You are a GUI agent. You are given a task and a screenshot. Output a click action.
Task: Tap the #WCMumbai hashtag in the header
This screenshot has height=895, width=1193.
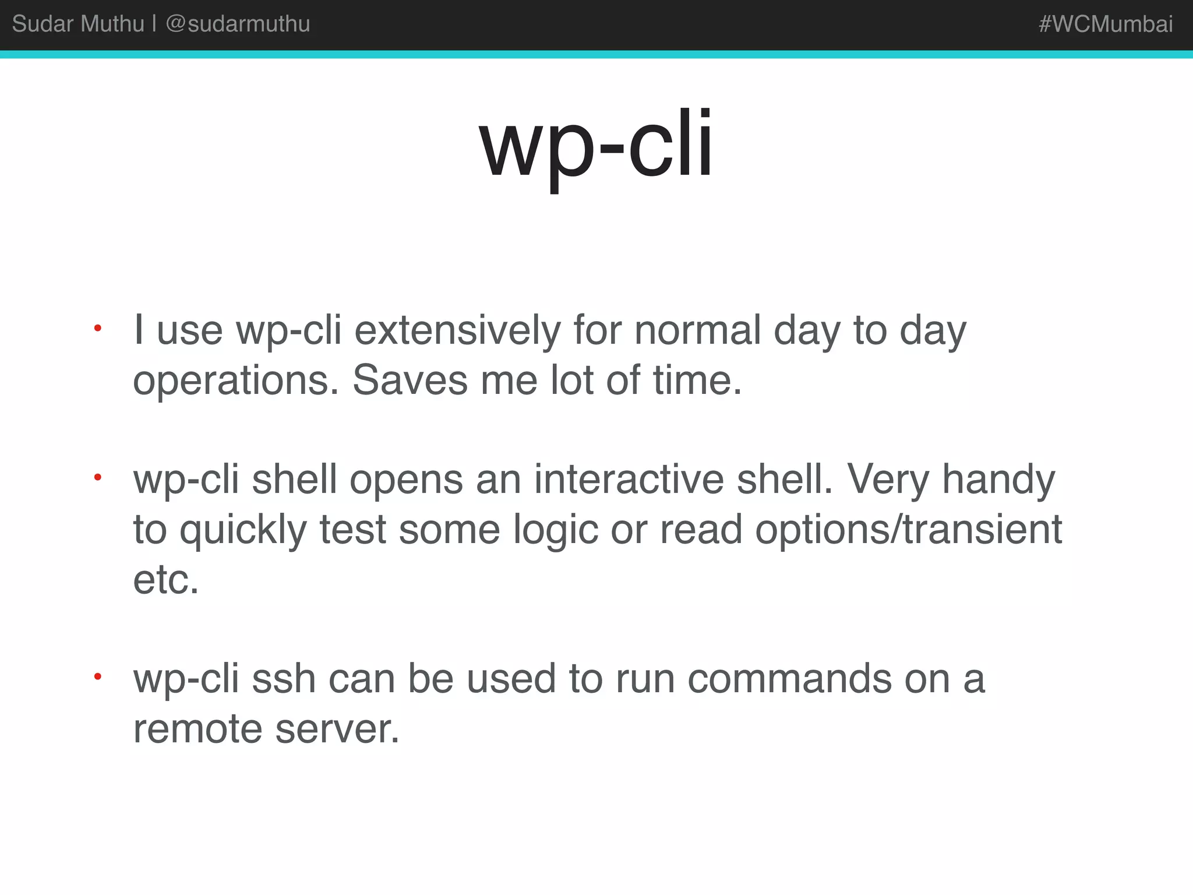tap(1105, 24)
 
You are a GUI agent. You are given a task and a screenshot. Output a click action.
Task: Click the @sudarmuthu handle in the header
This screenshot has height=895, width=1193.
tap(238, 24)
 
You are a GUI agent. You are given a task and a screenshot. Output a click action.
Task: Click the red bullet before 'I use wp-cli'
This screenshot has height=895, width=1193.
tap(98, 329)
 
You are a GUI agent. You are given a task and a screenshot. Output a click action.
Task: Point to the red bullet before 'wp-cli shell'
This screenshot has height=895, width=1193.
tap(98, 478)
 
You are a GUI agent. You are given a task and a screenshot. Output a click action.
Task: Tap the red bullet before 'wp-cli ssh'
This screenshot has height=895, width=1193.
tap(98, 677)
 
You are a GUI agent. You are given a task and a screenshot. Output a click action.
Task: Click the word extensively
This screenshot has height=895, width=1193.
tap(457, 331)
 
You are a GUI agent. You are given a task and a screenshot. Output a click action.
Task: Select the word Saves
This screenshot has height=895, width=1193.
tap(410, 380)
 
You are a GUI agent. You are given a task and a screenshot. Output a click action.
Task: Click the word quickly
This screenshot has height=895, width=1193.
tap(243, 531)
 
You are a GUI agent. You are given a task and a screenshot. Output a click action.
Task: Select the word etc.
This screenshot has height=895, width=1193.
tap(165, 580)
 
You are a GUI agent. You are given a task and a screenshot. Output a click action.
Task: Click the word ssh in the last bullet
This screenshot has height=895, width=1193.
tap(284, 679)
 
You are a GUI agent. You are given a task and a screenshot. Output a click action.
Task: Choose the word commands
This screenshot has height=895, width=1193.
tap(789, 679)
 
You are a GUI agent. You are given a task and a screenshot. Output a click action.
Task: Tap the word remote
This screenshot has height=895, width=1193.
tap(197, 729)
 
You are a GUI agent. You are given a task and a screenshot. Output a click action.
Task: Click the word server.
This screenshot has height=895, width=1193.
tap(337, 729)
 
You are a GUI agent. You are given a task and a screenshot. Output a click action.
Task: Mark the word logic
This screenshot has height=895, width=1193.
tap(556, 531)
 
